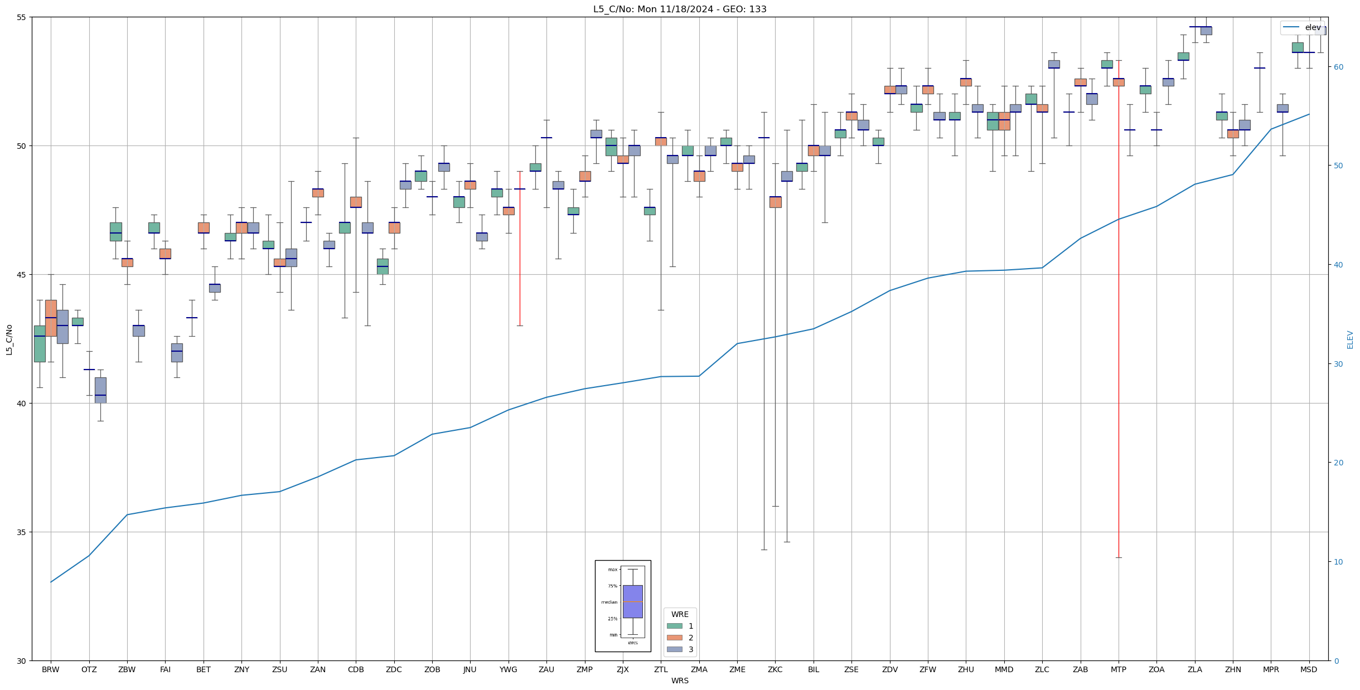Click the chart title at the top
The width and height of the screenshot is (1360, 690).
(x=680, y=9)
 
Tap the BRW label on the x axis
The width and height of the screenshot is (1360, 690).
(x=51, y=669)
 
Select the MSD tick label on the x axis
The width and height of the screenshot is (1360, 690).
(x=1308, y=669)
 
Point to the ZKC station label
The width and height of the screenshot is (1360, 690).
(x=775, y=669)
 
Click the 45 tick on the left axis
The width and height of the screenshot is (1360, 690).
(x=22, y=275)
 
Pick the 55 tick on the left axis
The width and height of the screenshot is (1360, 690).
(x=22, y=17)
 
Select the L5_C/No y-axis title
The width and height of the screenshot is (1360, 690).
(x=9, y=339)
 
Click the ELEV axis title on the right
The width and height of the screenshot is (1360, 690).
(x=1350, y=339)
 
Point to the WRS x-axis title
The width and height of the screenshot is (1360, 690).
(x=680, y=681)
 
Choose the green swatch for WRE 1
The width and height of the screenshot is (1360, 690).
(x=674, y=626)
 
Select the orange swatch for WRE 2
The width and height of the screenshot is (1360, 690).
(x=674, y=638)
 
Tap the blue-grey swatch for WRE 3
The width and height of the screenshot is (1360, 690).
(x=674, y=649)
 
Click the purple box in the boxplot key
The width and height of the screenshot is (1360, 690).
(x=632, y=601)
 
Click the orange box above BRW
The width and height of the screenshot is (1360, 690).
(x=51, y=318)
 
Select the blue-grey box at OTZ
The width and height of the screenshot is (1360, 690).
(x=100, y=390)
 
